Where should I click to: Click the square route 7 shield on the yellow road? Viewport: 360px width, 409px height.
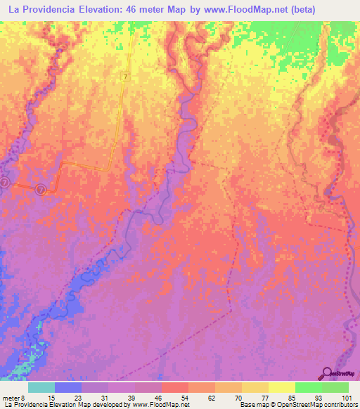(126, 76)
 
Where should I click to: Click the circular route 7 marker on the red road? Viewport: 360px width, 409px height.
(41, 190)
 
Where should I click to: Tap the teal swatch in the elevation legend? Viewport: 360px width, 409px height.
(41, 387)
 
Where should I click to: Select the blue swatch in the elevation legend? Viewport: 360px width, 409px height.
(68, 387)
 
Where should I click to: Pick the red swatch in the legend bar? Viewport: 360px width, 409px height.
(175, 387)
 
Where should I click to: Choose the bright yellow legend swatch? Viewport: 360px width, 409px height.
(282, 387)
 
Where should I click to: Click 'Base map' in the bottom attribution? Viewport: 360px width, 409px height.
(253, 405)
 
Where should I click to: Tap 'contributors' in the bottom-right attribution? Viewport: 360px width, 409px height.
(340, 405)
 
